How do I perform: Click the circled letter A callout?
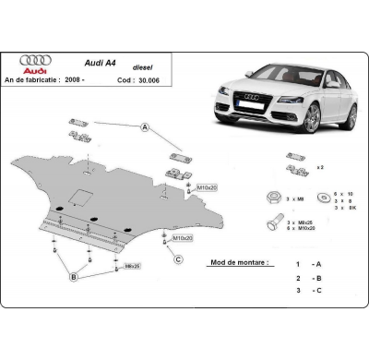point(145,129)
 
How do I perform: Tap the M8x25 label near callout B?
point(132,267)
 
